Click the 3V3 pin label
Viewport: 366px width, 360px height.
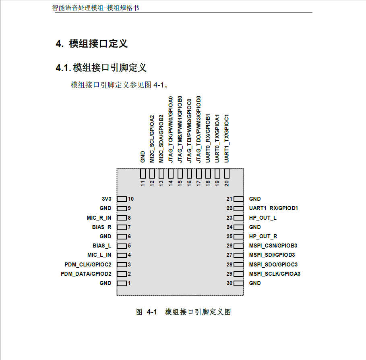[x=106, y=199]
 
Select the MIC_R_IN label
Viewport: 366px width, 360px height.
[x=99, y=218]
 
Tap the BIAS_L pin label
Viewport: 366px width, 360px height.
[x=102, y=246]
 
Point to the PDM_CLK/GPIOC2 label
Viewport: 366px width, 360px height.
[x=88, y=264]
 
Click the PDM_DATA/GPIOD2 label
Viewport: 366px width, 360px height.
[x=86, y=274]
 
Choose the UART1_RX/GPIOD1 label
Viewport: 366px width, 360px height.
[x=273, y=208]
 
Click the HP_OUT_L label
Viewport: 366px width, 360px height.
[x=263, y=218]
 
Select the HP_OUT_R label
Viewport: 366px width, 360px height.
[x=263, y=236]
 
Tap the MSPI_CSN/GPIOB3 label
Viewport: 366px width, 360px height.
[x=273, y=246]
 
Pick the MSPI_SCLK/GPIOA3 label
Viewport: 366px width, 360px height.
[x=275, y=274]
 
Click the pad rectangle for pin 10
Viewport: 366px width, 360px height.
[x=122, y=199]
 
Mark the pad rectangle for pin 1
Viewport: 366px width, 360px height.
[x=122, y=283]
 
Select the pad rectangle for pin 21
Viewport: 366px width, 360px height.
[x=239, y=199]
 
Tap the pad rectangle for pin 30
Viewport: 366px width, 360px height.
[x=239, y=283]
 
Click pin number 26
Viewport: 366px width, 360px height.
[x=230, y=246]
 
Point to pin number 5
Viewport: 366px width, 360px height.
[x=130, y=246]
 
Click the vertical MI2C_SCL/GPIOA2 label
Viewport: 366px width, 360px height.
[x=152, y=139]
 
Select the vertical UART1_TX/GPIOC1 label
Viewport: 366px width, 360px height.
[x=227, y=137]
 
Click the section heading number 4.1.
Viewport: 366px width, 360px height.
[x=63, y=68]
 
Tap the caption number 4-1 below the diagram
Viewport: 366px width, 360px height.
[x=151, y=312]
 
